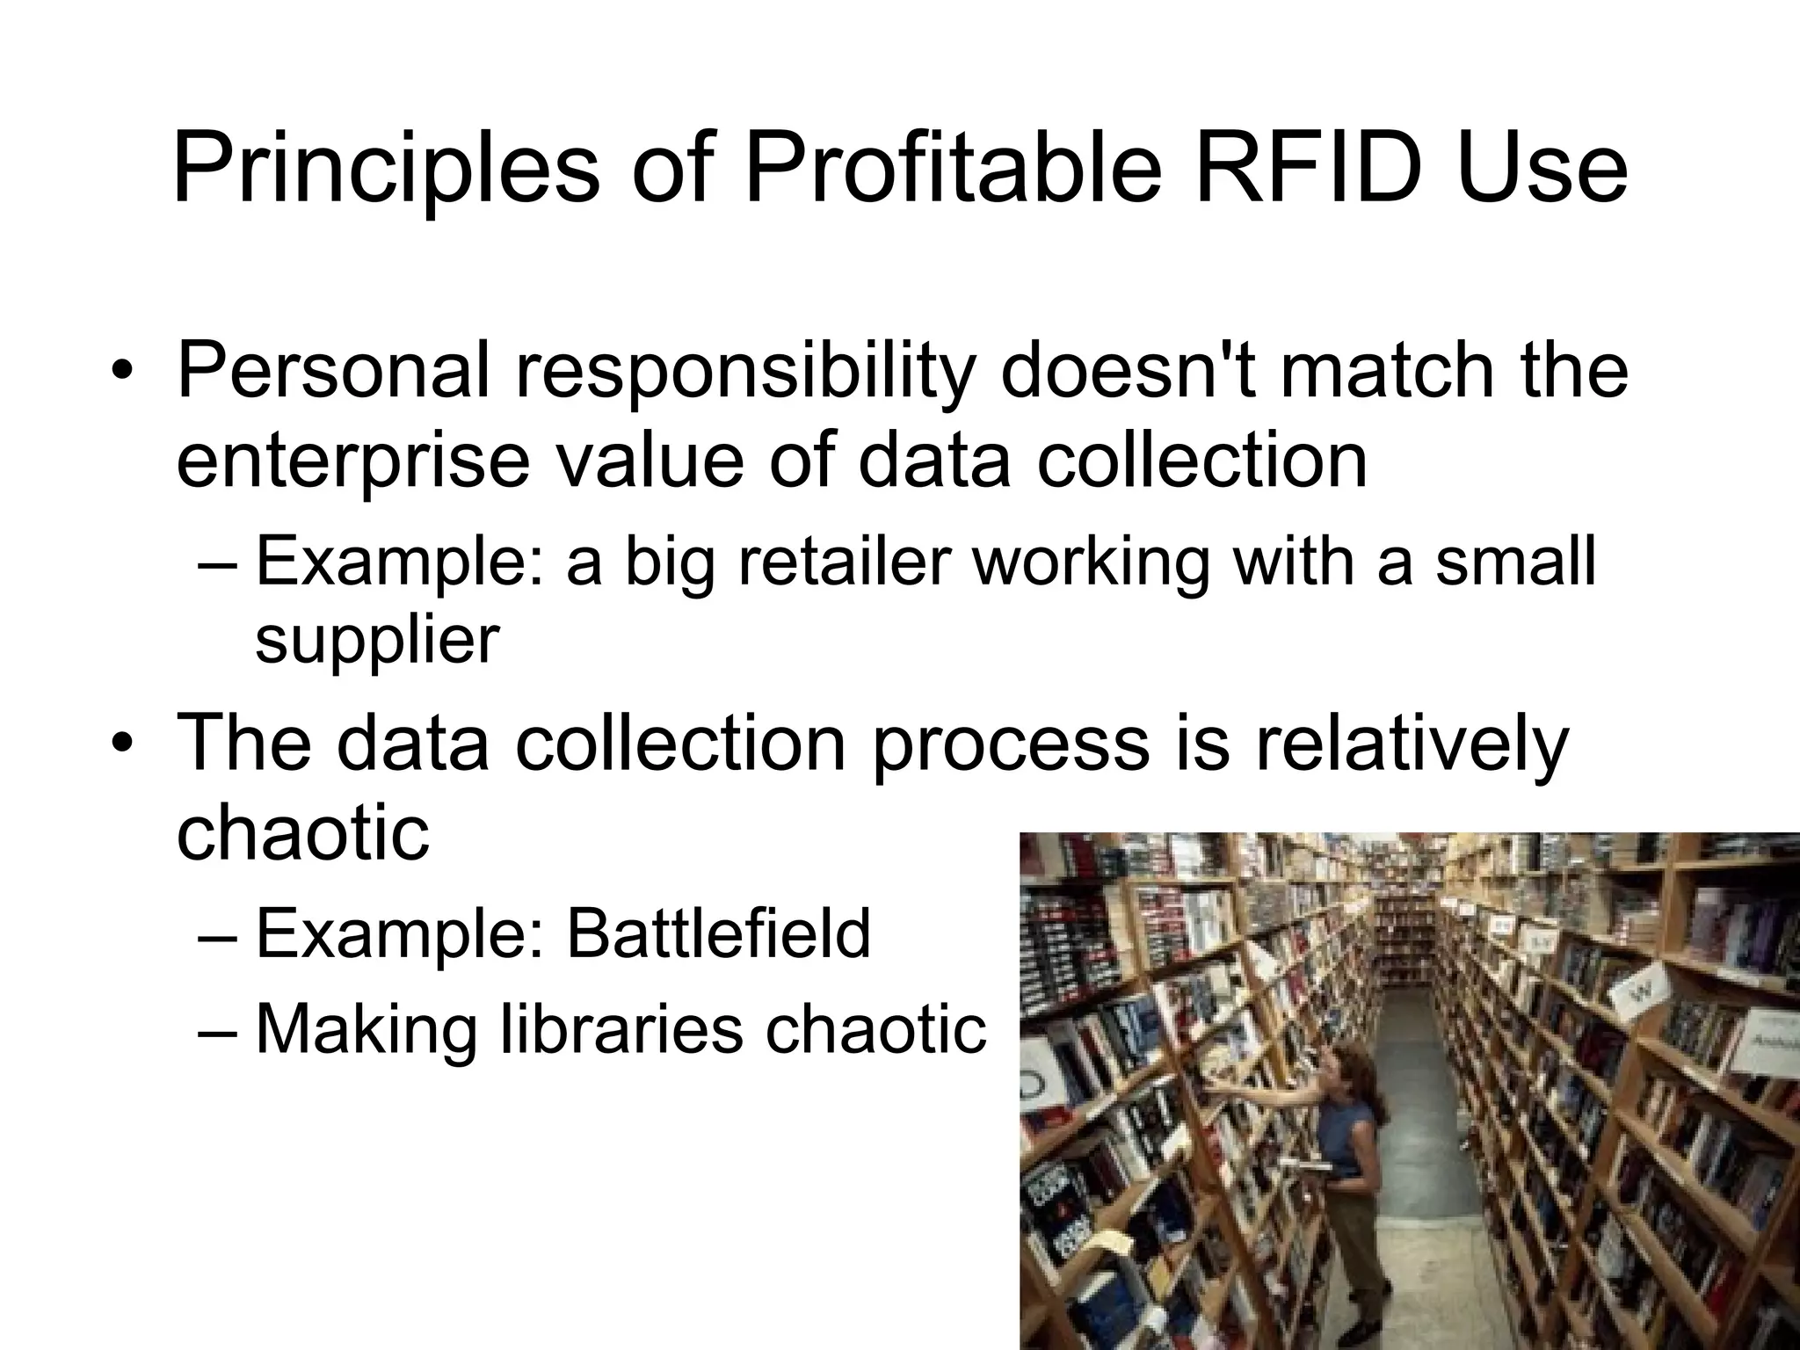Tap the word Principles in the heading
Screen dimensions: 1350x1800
(x=387, y=168)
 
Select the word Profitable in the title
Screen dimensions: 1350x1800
(x=954, y=168)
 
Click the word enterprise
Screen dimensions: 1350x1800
(x=353, y=461)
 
